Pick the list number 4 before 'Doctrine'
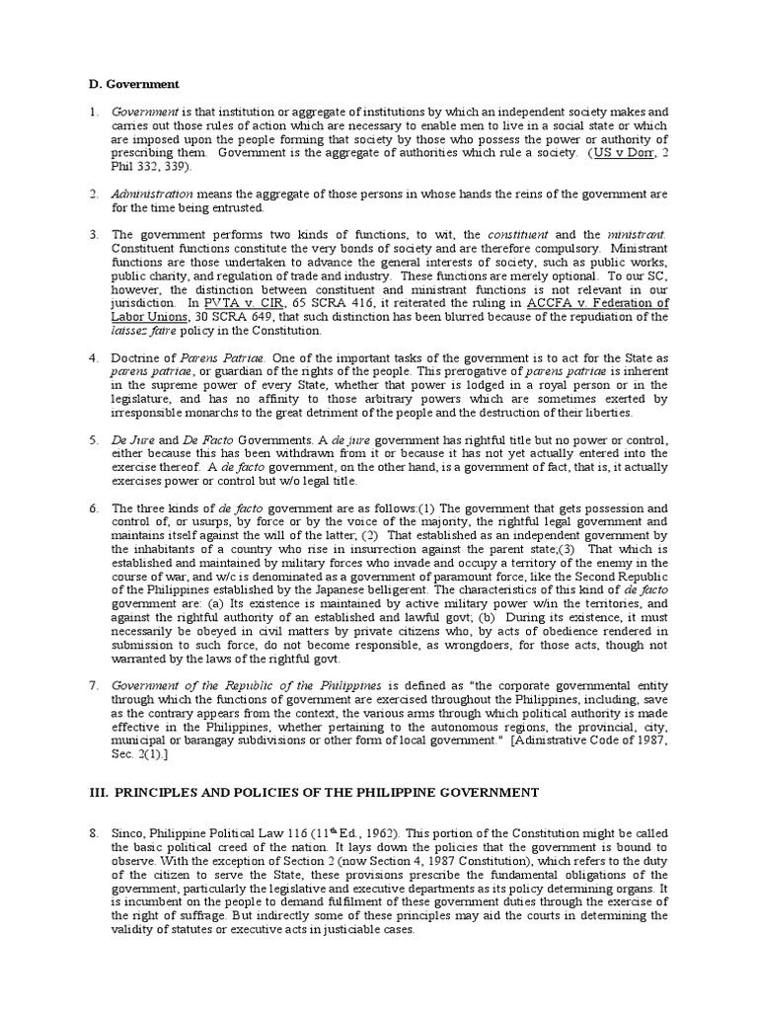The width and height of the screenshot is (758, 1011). click(93, 355)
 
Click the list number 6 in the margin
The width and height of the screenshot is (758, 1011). click(93, 507)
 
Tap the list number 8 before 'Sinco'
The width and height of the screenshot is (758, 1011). click(93, 834)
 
